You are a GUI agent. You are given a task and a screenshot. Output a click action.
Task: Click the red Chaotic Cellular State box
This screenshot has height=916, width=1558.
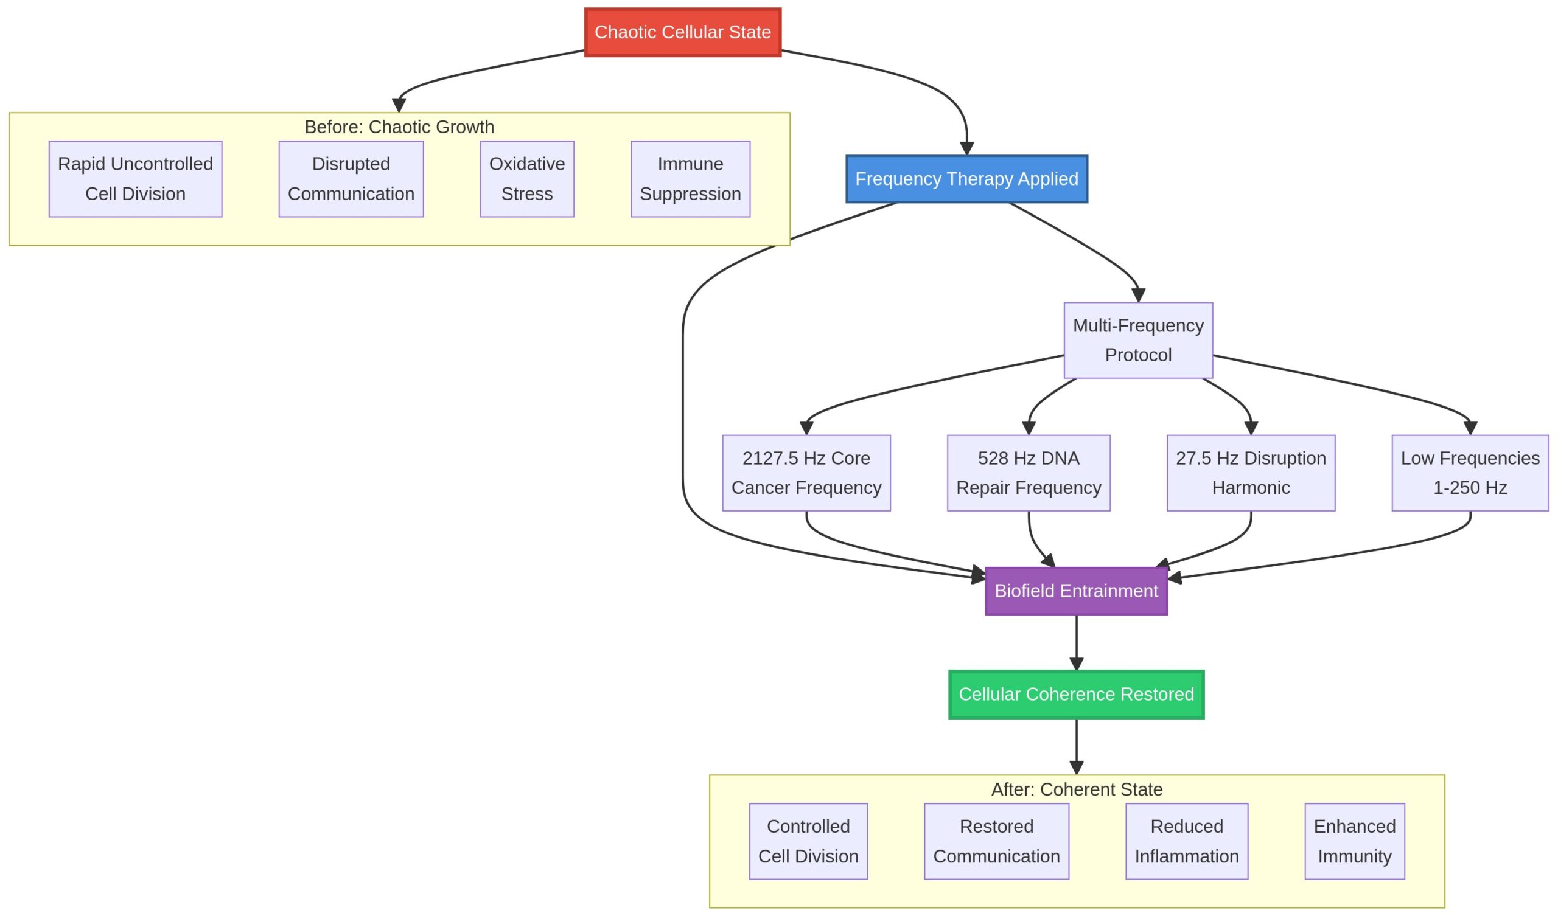pyautogui.click(x=683, y=32)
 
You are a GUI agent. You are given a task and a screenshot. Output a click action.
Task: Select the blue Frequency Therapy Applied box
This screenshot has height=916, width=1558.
pyautogui.click(x=966, y=179)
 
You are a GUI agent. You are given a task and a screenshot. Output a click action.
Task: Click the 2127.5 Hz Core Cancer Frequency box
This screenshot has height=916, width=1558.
pyautogui.click(x=806, y=473)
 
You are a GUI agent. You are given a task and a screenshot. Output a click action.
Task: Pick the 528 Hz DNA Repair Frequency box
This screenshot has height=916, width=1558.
pyautogui.click(x=1029, y=473)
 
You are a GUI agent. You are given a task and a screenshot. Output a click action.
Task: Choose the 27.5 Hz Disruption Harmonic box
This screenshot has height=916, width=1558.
pyautogui.click(x=1251, y=473)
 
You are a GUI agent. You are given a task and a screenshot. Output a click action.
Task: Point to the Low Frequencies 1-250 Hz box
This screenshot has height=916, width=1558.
pyautogui.click(x=1470, y=473)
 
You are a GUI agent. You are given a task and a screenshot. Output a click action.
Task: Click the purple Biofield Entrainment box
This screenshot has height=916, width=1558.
pyautogui.click(x=1077, y=591)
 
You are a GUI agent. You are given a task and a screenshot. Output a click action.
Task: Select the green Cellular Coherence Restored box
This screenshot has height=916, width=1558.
pyautogui.click(x=1077, y=694)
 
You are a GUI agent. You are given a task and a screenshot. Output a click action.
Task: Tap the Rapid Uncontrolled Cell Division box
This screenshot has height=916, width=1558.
pyautogui.click(x=135, y=179)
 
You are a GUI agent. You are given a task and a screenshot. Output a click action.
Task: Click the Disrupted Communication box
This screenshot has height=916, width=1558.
pyautogui.click(x=351, y=179)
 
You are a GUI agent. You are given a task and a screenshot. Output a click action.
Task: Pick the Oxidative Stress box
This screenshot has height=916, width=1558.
pyautogui.click(x=527, y=179)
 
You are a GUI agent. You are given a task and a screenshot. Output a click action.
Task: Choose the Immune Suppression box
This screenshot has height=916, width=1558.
pyautogui.click(x=690, y=179)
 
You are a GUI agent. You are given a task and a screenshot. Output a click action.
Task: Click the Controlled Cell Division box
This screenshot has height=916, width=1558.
pyautogui.click(x=808, y=841)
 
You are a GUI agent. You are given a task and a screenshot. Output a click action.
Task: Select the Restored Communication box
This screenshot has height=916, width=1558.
pyautogui.click(x=997, y=841)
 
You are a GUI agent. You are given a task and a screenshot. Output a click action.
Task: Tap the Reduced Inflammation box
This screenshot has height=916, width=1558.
pyautogui.click(x=1187, y=841)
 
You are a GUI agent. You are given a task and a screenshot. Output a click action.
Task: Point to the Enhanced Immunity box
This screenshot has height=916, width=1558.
pyautogui.click(x=1355, y=841)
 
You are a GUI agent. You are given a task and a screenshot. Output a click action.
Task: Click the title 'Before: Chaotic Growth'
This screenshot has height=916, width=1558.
pyautogui.click(x=399, y=127)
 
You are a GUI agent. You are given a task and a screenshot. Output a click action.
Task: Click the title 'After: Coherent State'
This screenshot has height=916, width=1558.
pyautogui.click(x=1077, y=789)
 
